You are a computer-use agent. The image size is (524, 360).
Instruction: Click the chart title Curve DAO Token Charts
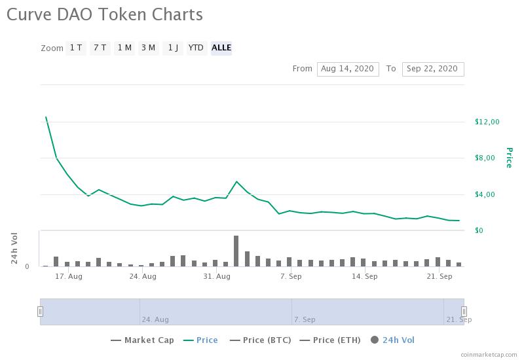point(105,14)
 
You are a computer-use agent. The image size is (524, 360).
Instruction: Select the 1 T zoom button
point(76,48)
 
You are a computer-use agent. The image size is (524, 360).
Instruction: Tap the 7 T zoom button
point(100,48)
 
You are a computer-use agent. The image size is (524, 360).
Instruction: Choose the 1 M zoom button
point(124,48)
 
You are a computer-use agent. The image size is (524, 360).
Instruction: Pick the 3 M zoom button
point(148,48)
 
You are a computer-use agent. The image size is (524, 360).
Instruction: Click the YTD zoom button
point(196,48)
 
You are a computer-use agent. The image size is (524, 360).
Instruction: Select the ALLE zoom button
point(221,48)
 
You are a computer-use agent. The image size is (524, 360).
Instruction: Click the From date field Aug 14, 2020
point(348,69)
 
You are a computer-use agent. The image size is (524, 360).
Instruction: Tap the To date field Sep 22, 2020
point(433,69)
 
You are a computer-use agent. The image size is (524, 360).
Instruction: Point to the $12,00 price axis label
point(487,122)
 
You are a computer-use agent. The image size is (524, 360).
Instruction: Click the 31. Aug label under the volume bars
point(217,276)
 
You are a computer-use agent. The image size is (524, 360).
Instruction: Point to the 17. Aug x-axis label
point(68,276)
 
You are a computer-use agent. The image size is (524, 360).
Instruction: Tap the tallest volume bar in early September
point(236,251)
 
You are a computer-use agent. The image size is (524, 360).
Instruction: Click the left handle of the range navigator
point(40,312)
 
